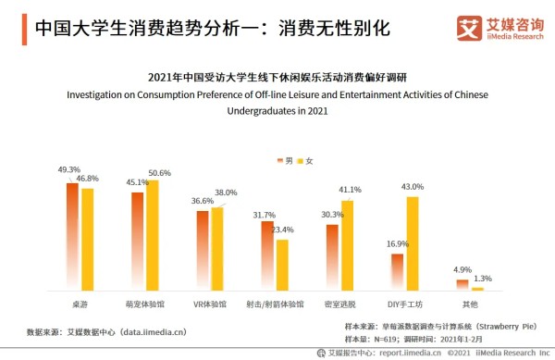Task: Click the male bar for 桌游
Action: [x=72, y=237]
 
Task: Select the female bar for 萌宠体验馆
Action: [x=153, y=235]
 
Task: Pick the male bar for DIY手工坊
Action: [x=397, y=272]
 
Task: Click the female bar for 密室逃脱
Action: [x=347, y=245]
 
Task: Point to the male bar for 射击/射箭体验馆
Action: [x=267, y=255]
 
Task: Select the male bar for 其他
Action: [x=462, y=285]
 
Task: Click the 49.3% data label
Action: [x=68, y=170]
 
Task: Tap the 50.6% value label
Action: [x=159, y=173]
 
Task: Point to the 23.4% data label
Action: [x=282, y=230]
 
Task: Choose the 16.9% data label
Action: [x=397, y=244]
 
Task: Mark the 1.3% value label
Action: [x=482, y=278]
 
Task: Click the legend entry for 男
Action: [x=283, y=161]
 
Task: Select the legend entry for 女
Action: [x=306, y=161]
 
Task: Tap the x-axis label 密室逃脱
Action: [x=339, y=304]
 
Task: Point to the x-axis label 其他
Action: [x=470, y=304]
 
